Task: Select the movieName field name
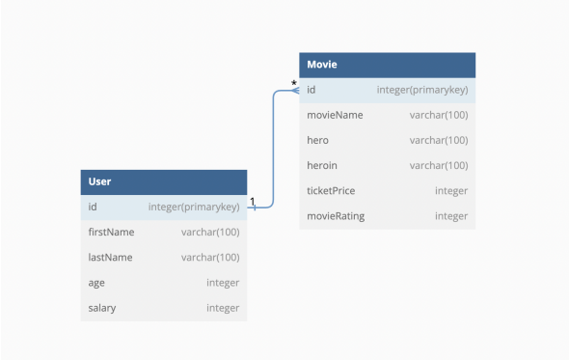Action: tap(335, 115)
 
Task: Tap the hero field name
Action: tap(317, 140)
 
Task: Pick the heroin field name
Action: tap(322, 165)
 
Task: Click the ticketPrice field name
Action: tap(331, 190)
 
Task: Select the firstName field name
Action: tap(111, 232)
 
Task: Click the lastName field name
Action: tap(110, 257)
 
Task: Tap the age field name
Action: tap(96, 282)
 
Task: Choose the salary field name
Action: tap(101, 307)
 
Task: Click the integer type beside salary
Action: tap(222, 307)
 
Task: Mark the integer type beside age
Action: tap(222, 282)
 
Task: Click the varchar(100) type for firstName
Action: tap(209, 232)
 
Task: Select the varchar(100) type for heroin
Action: tap(438, 165)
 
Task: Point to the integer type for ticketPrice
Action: tap(450, 190)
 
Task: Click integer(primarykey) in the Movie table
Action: tap(421, 90)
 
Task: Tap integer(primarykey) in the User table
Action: tap(193, 207)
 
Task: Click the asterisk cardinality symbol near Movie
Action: tap(294, 84)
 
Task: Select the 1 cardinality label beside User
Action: tap(252, 202)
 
